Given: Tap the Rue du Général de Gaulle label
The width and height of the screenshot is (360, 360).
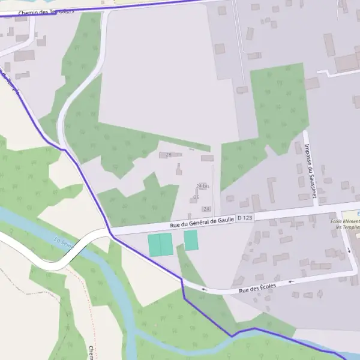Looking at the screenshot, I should point(201,222).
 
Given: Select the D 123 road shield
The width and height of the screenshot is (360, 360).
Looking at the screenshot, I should point(245,218).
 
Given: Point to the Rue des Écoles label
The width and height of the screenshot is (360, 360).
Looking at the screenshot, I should point(257,287).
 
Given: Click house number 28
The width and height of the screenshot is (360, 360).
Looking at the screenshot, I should point(169,155).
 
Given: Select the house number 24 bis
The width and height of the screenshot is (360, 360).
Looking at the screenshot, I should point(203,186).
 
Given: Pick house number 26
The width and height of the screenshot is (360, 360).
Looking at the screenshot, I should point(196,197).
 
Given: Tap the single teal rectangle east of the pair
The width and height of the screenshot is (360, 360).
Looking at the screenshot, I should point(191,241).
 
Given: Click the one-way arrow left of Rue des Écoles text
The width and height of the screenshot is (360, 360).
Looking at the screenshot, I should point(204,289).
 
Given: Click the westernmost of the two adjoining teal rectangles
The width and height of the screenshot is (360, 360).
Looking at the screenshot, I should point(154,245).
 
